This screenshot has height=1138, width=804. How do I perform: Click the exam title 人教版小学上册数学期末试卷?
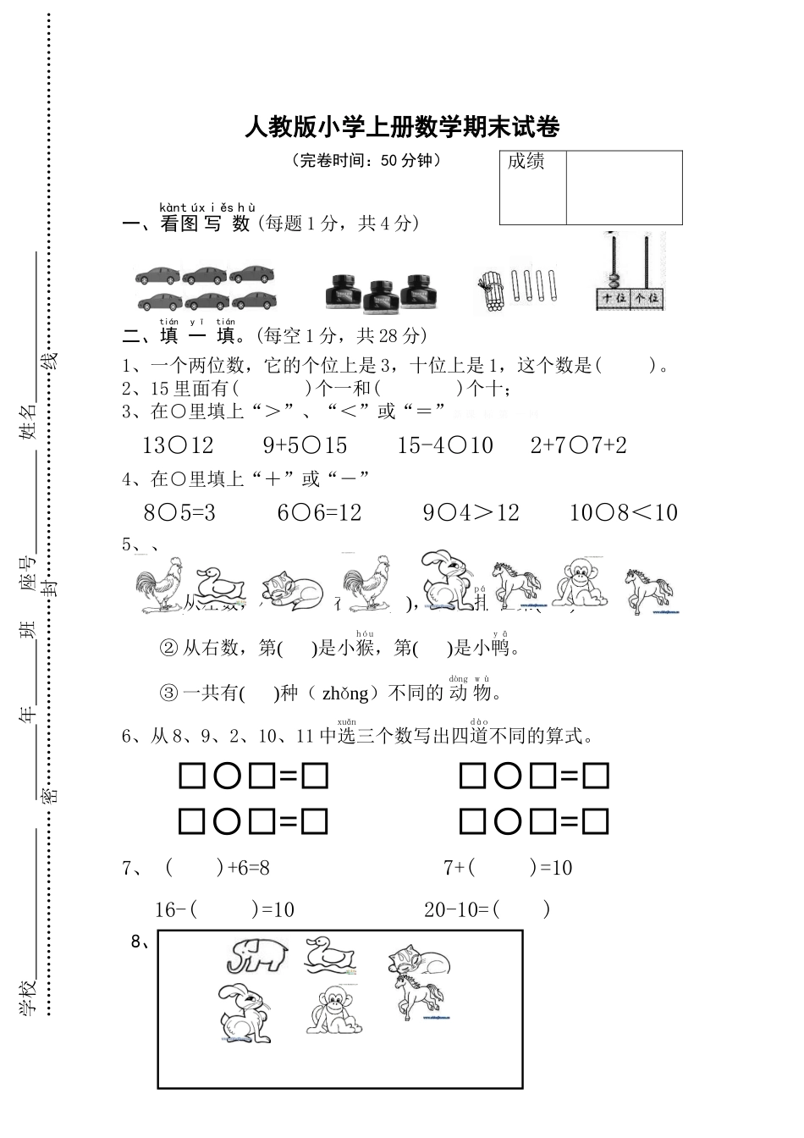coord(402,127)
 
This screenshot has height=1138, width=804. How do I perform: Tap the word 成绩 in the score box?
coord(526,162)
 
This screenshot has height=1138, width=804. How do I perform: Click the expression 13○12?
coord(178,445)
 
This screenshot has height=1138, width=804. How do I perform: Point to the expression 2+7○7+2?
coord(578,445)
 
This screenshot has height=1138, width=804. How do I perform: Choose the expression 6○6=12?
coord(319,512)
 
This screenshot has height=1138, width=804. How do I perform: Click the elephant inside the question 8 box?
coord(256,954)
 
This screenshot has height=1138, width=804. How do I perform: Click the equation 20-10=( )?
coord(487,910)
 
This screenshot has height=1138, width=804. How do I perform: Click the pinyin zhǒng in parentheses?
coord(344,693)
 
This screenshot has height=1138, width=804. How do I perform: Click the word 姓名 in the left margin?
coord(29,421)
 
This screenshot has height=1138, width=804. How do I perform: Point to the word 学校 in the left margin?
coord(29,996)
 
